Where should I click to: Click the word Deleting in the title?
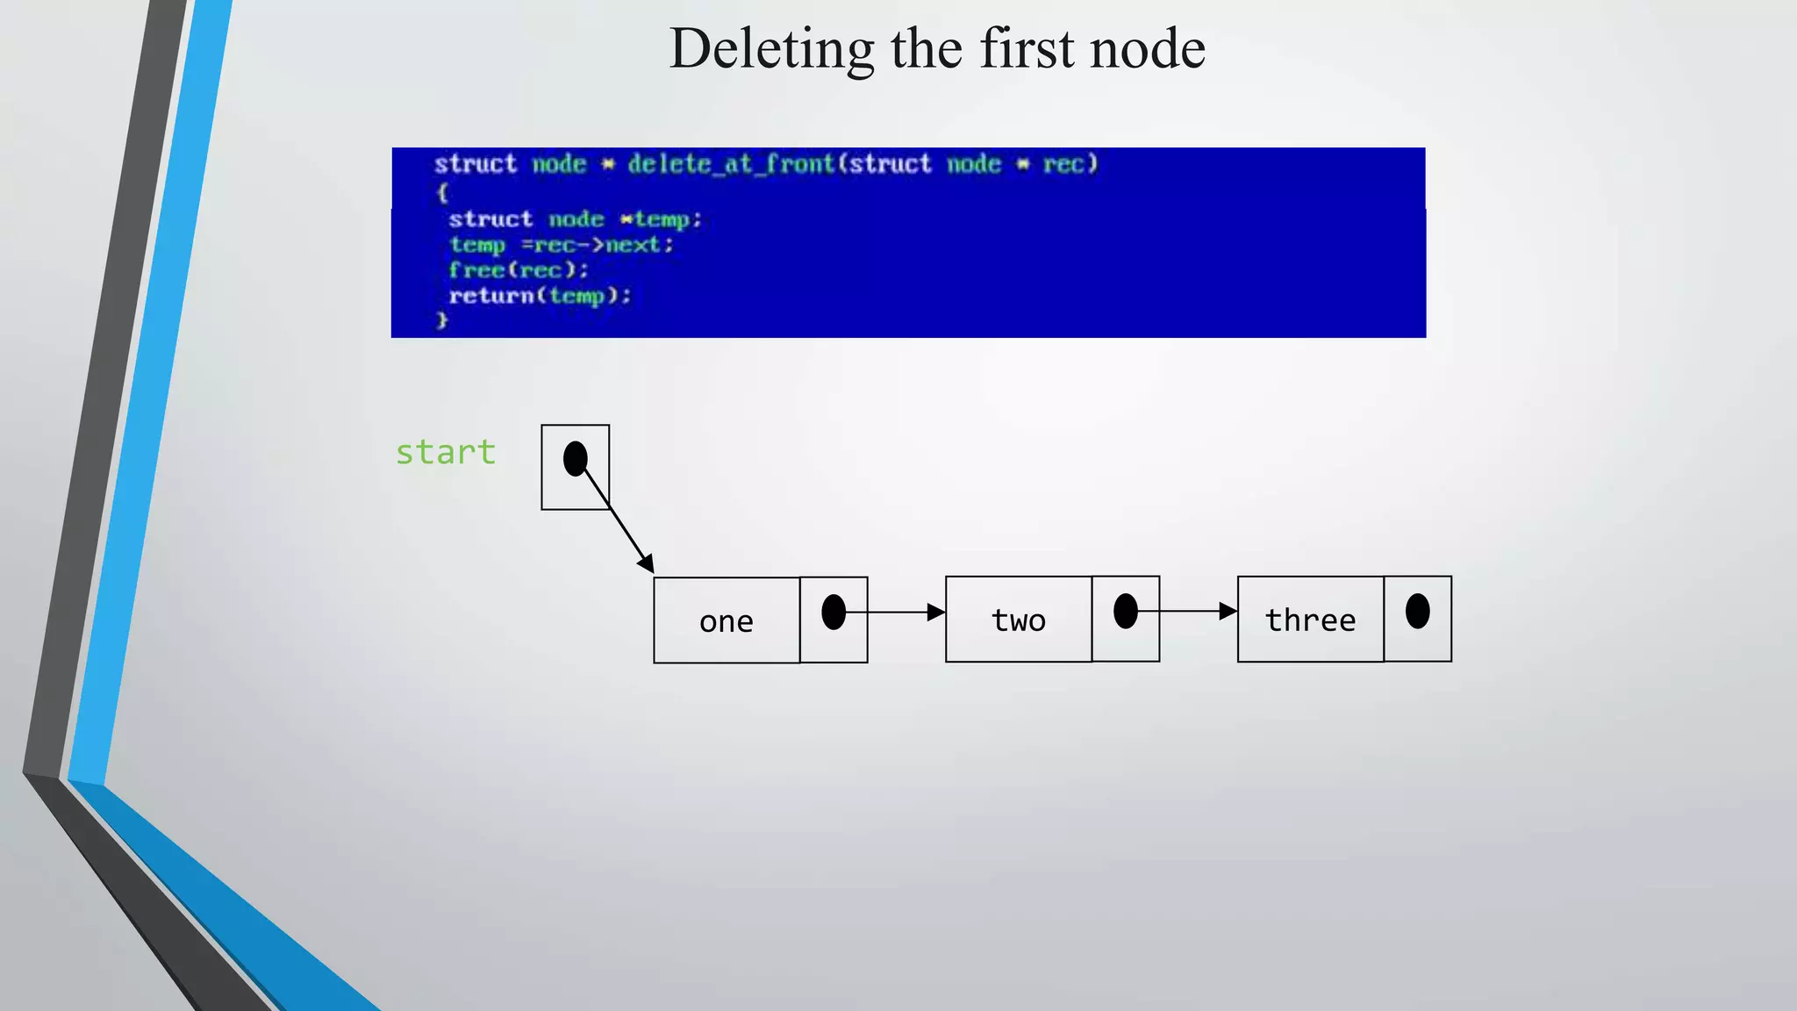click(x=770, y=49)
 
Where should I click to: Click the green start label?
click(x=445, y=453)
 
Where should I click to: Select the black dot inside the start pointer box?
click(x=575, y=458)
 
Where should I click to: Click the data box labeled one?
click(x=727, y=620)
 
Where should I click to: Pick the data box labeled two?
click(x=1018, y=620)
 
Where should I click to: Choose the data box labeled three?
click(x=1310, y=620)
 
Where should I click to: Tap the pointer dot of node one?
click(x=834, y=612)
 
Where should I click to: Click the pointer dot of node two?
click(x=1126, y=611)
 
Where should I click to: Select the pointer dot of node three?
click(x=1417, y=611)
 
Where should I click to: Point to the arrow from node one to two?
click(x=895, y=612)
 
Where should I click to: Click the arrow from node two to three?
click(x=1187, y=611)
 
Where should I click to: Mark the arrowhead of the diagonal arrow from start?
click(x=647, y=564)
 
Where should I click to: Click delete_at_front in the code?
click(x=730, y=164)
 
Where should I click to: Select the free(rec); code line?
click(x=518, y=270)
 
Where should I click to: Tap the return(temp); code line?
click(x=539, y=296)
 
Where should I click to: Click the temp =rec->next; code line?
click(x=561, y=245)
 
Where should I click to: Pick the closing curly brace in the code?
click(x=442, y=320)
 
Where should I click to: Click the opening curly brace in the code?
click(x=442, y=191)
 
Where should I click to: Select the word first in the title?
click(x=1027, y=49)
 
